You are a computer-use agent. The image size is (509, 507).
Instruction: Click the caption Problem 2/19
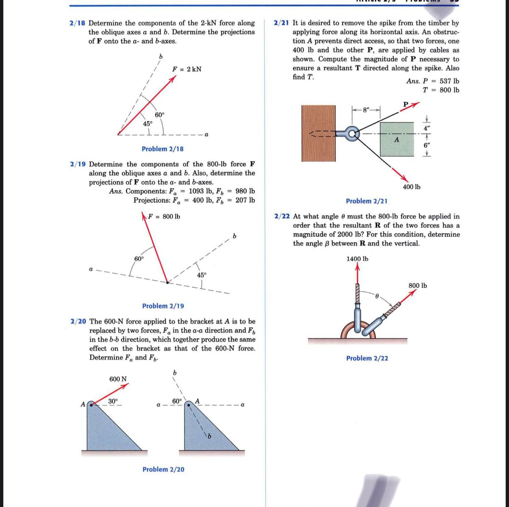click(x=163, y=306)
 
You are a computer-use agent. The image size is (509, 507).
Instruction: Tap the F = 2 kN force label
click(x=187, y=69)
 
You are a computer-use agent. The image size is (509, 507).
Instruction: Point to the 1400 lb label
click(x=357, y=259)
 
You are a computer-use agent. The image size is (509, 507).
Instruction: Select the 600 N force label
click(x=118, y=379)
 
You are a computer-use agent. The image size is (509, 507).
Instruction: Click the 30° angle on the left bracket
click(x=113, y=401)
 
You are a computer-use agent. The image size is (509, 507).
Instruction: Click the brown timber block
click(x=319, y=133)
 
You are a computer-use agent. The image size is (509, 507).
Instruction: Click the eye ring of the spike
click(x=352, y=134)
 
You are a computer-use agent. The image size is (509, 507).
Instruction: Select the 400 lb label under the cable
click(x=411, y=187)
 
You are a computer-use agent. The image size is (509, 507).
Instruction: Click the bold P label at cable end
click(x=406, y=104)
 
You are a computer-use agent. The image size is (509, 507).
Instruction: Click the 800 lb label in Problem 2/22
click(x=418, y=285)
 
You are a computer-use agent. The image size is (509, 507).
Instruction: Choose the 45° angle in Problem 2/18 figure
click(x=147, y=124)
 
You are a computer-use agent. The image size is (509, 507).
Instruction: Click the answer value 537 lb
click(x=449, y=81)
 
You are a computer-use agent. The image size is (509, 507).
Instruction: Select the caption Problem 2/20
click(x=163, y=469)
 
